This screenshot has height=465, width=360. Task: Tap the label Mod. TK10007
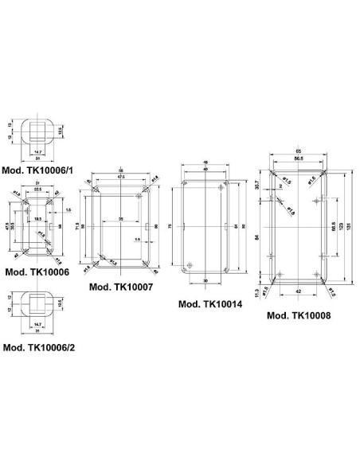coord(120,287)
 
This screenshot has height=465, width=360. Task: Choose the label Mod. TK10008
coord(299,315)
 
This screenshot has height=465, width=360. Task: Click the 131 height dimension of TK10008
coord(351,225)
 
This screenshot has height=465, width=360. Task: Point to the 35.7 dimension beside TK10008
coord(257,185)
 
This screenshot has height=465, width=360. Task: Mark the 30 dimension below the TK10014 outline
coord(205,281)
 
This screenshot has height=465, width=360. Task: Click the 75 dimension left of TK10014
coord(170,227)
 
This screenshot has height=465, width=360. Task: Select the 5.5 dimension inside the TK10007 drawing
coord(137,239)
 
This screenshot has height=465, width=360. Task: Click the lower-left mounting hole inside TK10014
coord(190,264)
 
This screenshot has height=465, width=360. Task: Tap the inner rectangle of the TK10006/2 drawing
coord(37,303)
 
